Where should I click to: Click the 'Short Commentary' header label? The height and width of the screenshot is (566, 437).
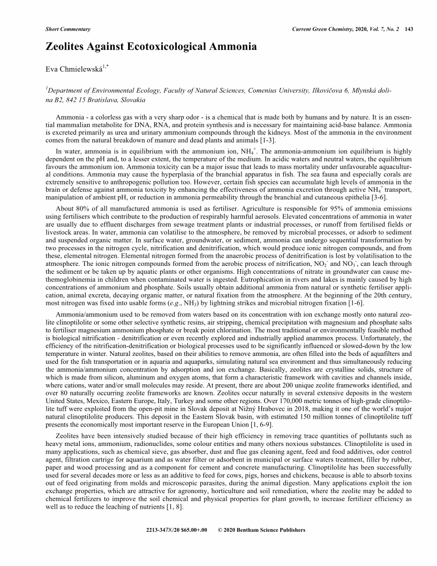(67, 28)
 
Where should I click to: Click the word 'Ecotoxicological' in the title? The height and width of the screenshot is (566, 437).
(169, 47)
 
